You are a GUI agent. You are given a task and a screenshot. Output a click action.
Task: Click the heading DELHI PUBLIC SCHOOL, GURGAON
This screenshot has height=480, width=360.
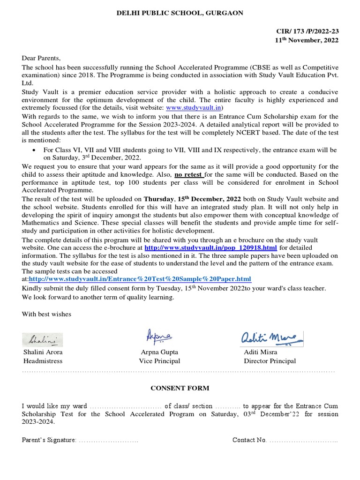(180, 13)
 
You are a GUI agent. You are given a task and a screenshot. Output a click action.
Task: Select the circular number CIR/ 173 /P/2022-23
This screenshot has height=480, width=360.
(307, 31)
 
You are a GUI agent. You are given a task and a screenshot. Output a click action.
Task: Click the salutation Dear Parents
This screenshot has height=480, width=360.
(41, 58)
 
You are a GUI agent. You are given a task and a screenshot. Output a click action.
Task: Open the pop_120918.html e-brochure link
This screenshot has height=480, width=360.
(210, 247)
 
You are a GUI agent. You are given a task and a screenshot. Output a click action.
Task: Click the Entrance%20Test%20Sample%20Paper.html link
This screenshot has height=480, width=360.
(140, 279)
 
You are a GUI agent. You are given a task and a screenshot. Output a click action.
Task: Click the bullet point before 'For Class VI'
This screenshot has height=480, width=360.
(36, 150)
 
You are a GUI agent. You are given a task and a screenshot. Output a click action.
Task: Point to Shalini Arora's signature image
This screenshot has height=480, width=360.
(42, 339)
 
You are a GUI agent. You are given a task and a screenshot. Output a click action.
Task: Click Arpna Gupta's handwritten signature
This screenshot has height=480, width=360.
(159, 336)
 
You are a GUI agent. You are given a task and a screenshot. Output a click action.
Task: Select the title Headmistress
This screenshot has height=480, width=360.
(43, 361)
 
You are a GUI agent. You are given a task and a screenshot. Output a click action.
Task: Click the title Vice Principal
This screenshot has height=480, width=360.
(159, 361)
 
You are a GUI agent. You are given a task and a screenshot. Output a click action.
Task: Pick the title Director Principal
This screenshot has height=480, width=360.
(270, 361)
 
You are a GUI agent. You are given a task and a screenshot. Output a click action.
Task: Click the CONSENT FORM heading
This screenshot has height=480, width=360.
(180, 388)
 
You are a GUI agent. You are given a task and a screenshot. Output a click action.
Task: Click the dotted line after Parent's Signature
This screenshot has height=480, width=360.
(108, 440)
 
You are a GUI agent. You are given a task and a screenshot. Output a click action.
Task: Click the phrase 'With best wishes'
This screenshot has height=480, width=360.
(46, 314)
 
